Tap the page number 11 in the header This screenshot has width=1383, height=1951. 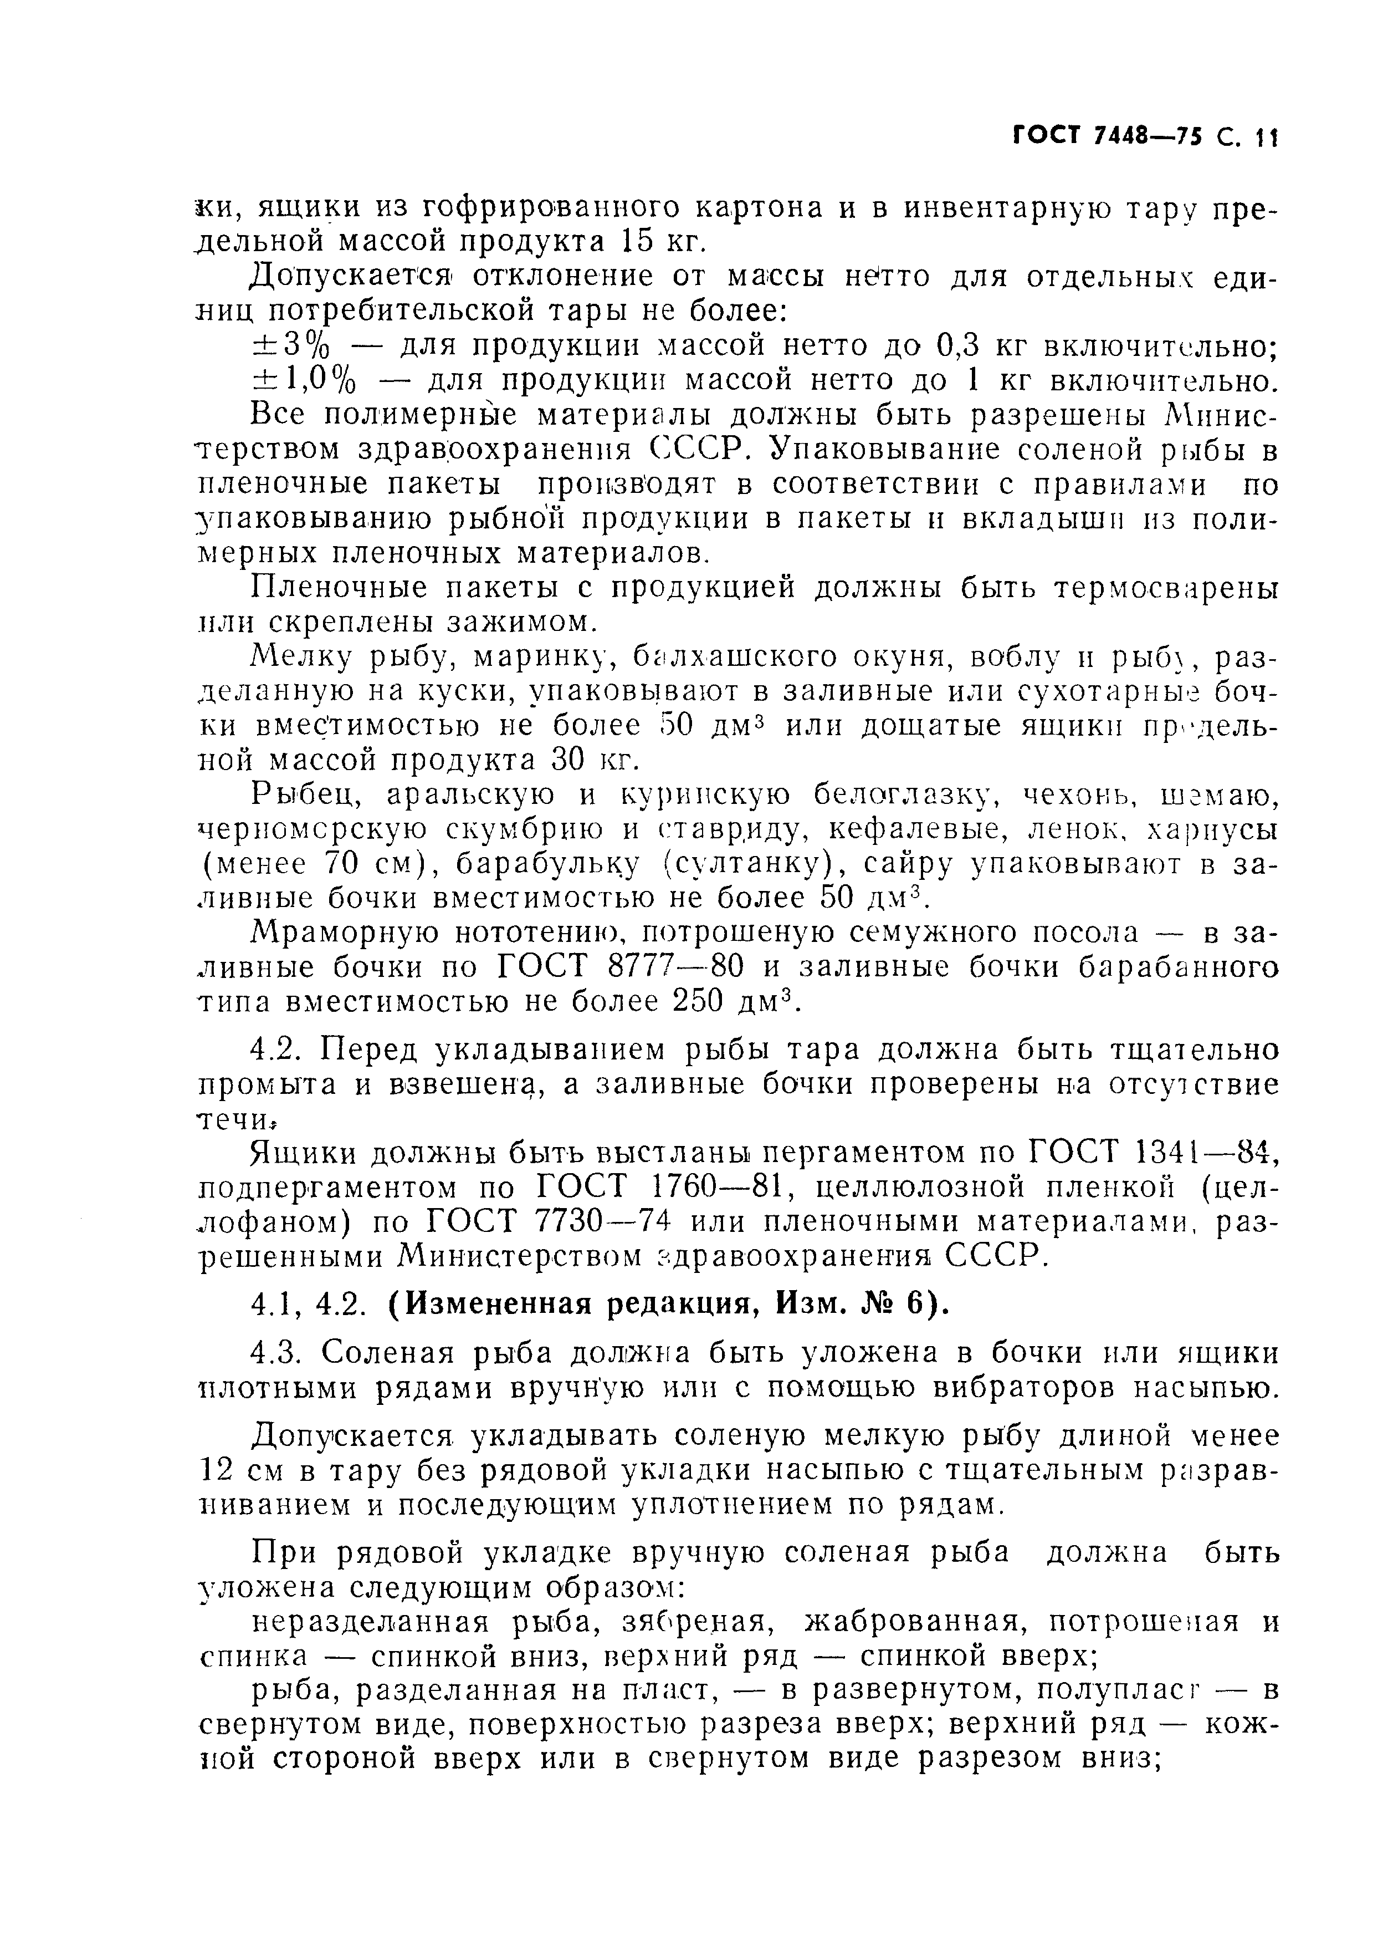[x=1267, y=136]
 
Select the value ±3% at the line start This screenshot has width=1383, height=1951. [x=290, y=346]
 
